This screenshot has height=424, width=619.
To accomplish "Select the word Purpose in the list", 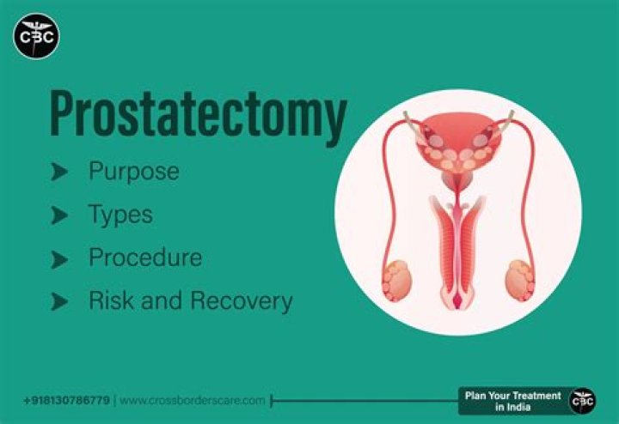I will pos(134,172).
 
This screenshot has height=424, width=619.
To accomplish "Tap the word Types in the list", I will pos(120,215).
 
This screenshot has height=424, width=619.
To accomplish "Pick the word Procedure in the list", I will pos(145,257).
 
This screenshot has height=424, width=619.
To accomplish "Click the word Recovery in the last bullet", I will pos(242,301).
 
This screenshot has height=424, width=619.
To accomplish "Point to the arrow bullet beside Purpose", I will pos(59,173).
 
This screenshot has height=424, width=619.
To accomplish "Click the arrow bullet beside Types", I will pos(59,215).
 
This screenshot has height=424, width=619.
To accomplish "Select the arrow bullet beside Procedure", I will pos(59,258).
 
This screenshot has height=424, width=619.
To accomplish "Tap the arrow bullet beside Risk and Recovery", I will pos(59,301).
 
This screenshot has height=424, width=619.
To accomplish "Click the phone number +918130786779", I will pos(66,401).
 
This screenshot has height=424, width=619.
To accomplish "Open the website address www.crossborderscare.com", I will pos(193,401).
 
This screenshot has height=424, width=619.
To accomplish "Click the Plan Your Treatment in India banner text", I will pos(512,400).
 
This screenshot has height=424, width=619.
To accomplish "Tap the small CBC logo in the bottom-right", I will pos(583,400).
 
